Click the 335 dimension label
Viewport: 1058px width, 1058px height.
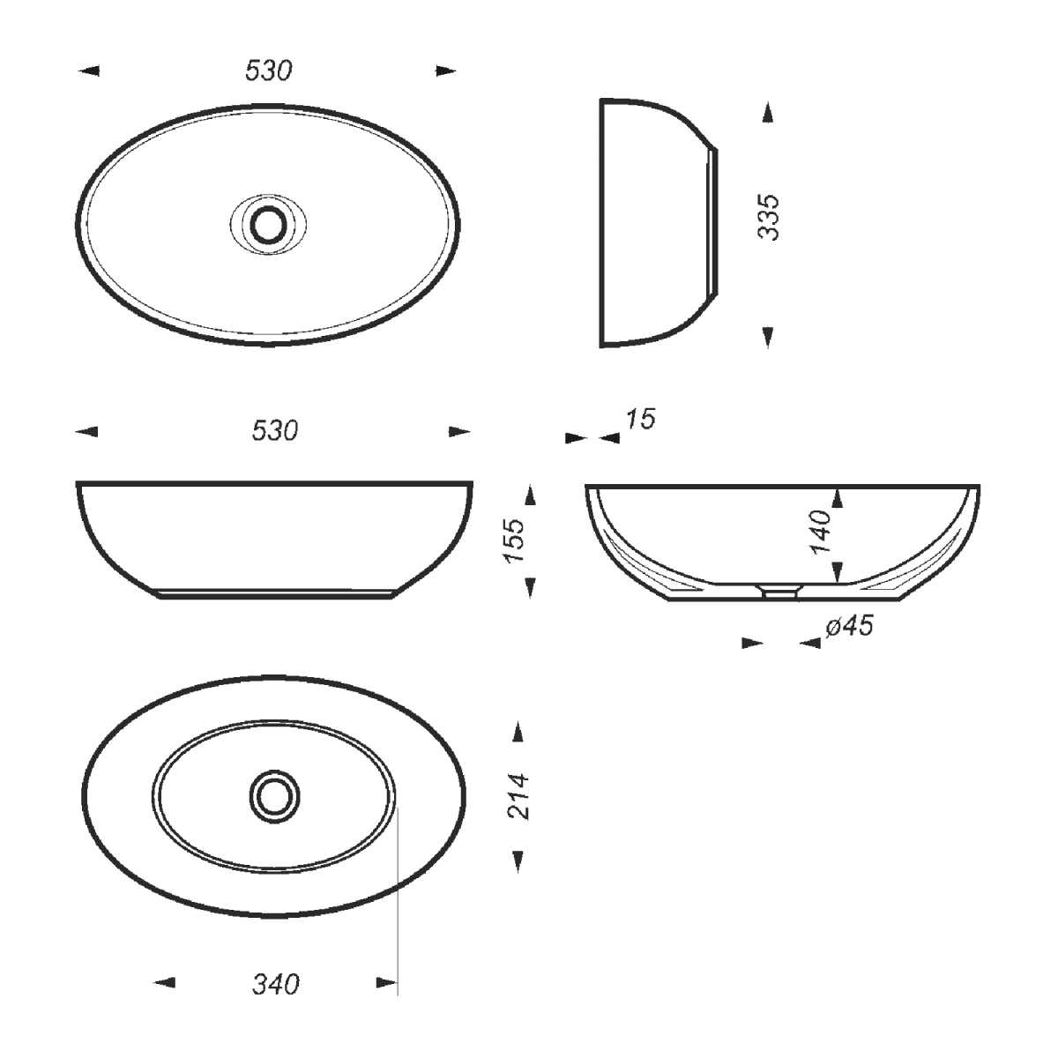(768, 218)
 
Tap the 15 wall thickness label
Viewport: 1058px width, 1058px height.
(640, 420)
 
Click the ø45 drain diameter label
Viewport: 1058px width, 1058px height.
(849, 626)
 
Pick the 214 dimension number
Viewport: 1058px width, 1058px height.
(518, 797)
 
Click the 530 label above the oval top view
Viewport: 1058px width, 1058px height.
(269, 71)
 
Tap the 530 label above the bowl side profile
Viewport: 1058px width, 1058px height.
(275, 431)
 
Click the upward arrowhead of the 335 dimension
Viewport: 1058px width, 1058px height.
(768, 112)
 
